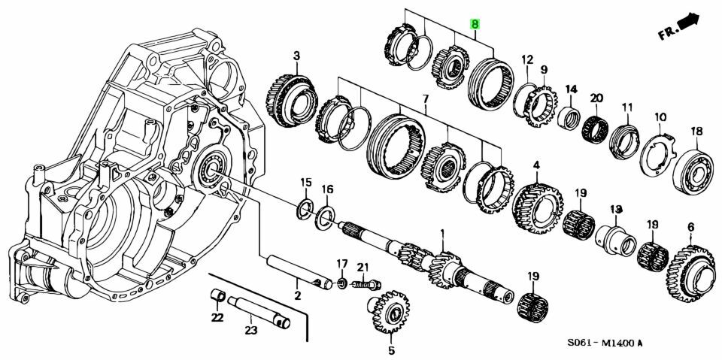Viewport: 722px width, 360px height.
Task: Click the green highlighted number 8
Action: coord(475,24)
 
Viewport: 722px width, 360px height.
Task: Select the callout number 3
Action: coord(296,56)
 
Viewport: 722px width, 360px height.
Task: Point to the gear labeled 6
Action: coord(690,271)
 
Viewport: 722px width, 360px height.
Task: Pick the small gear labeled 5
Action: coord(389,311)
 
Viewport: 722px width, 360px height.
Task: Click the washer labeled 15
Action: coord(305,207)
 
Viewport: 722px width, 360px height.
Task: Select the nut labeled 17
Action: coord(341,281)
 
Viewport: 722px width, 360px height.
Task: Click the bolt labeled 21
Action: coord(366,285)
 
